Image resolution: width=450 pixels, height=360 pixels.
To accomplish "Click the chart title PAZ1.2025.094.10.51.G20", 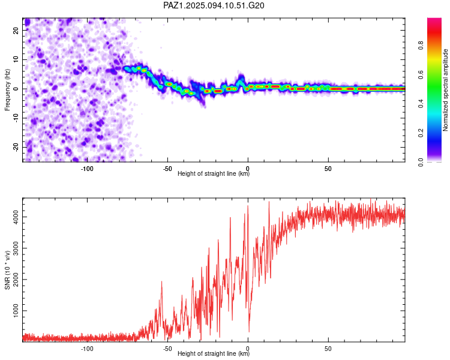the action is tap(214, 5).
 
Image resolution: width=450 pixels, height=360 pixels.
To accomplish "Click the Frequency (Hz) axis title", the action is tap(7, 90).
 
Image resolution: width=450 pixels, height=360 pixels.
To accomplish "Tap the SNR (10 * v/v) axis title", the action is tap(7, 270).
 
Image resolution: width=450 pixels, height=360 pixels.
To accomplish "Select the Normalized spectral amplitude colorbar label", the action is tap(445, 90).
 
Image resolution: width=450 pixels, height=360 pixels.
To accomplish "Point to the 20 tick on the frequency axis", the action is tap(16, 30).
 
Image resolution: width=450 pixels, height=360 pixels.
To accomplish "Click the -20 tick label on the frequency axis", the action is tap(16, 147).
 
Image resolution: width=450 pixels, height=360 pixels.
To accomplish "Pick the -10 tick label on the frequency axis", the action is tap(16, 118).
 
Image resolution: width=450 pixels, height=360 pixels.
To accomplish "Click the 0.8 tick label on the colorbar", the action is tap(421, 46).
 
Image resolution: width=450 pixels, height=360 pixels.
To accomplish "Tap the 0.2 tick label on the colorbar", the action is tap(421, 133).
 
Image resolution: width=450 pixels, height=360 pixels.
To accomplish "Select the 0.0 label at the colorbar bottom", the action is tap(421, 162).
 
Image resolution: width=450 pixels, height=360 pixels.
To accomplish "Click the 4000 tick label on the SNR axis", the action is tap(16, 217).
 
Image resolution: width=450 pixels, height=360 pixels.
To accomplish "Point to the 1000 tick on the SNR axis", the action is tap(16, 311).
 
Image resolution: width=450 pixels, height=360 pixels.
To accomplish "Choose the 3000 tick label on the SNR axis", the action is tap(16, 248).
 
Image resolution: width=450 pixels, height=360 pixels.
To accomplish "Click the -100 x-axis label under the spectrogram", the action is tap(87, 169).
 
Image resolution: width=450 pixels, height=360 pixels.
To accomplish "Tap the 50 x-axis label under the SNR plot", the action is tap(328, 349).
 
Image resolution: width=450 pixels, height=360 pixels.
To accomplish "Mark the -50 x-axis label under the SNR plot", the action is tap(167, 349).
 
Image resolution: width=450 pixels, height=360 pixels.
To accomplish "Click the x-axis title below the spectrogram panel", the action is tap(214, 173).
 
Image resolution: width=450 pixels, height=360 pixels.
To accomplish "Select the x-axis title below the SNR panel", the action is tap(214, 353).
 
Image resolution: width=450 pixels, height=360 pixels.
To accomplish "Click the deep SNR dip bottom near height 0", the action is tap(249, 332).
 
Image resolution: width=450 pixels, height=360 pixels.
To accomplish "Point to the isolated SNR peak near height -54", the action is tap(161, 281).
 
